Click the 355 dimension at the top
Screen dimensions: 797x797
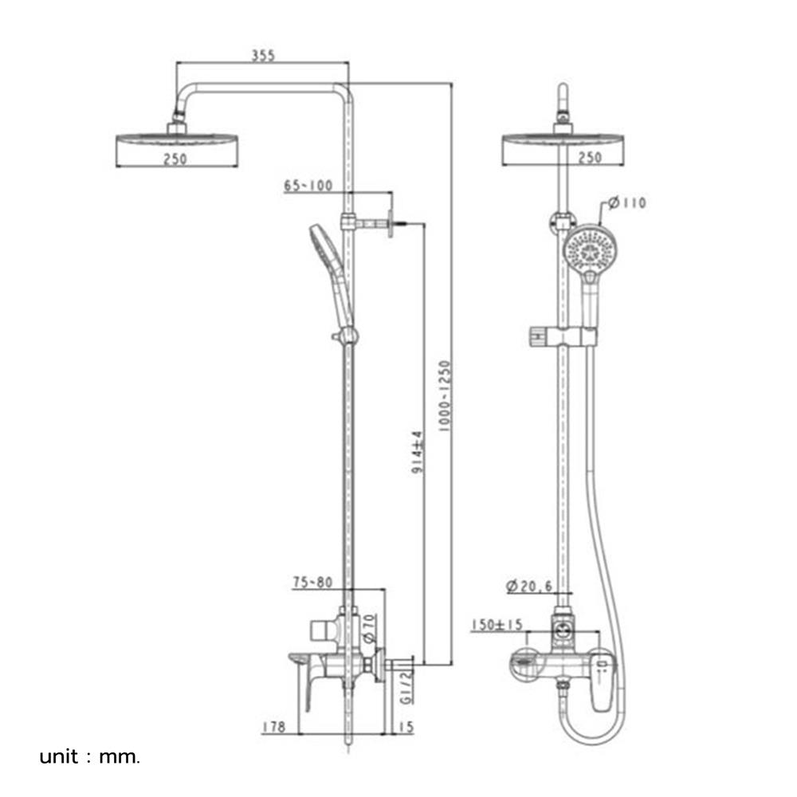click(x=263, y=55)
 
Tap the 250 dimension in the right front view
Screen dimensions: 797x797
click(x=590, y=158)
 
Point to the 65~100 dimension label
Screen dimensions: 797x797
click(x=307, y=186)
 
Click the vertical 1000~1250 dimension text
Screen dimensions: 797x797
click(x=445, y=395)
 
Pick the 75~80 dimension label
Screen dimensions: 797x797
click(x=312, y=583)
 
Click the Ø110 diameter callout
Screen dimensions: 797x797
click(x=626, y=203)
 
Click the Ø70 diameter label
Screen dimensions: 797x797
click(x=368, y=628)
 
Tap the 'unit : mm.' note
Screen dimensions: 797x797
click(x=90, y=756)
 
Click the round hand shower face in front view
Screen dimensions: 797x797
click(x=588, y=248)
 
